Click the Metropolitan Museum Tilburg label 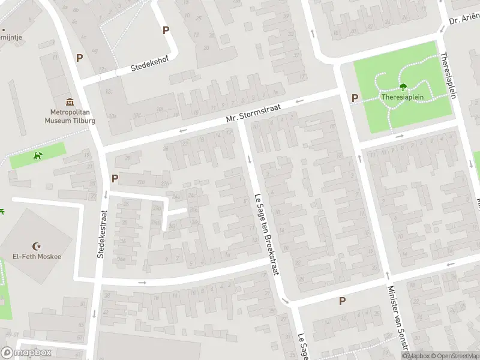coord(69,116)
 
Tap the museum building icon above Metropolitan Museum coord(70,102)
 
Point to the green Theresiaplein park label coord(403,97)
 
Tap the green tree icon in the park coord(403,87)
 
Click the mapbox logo coord(26,353)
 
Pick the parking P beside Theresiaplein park coord(355,98)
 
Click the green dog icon coord(38,156)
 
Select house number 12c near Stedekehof coord(109,91)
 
